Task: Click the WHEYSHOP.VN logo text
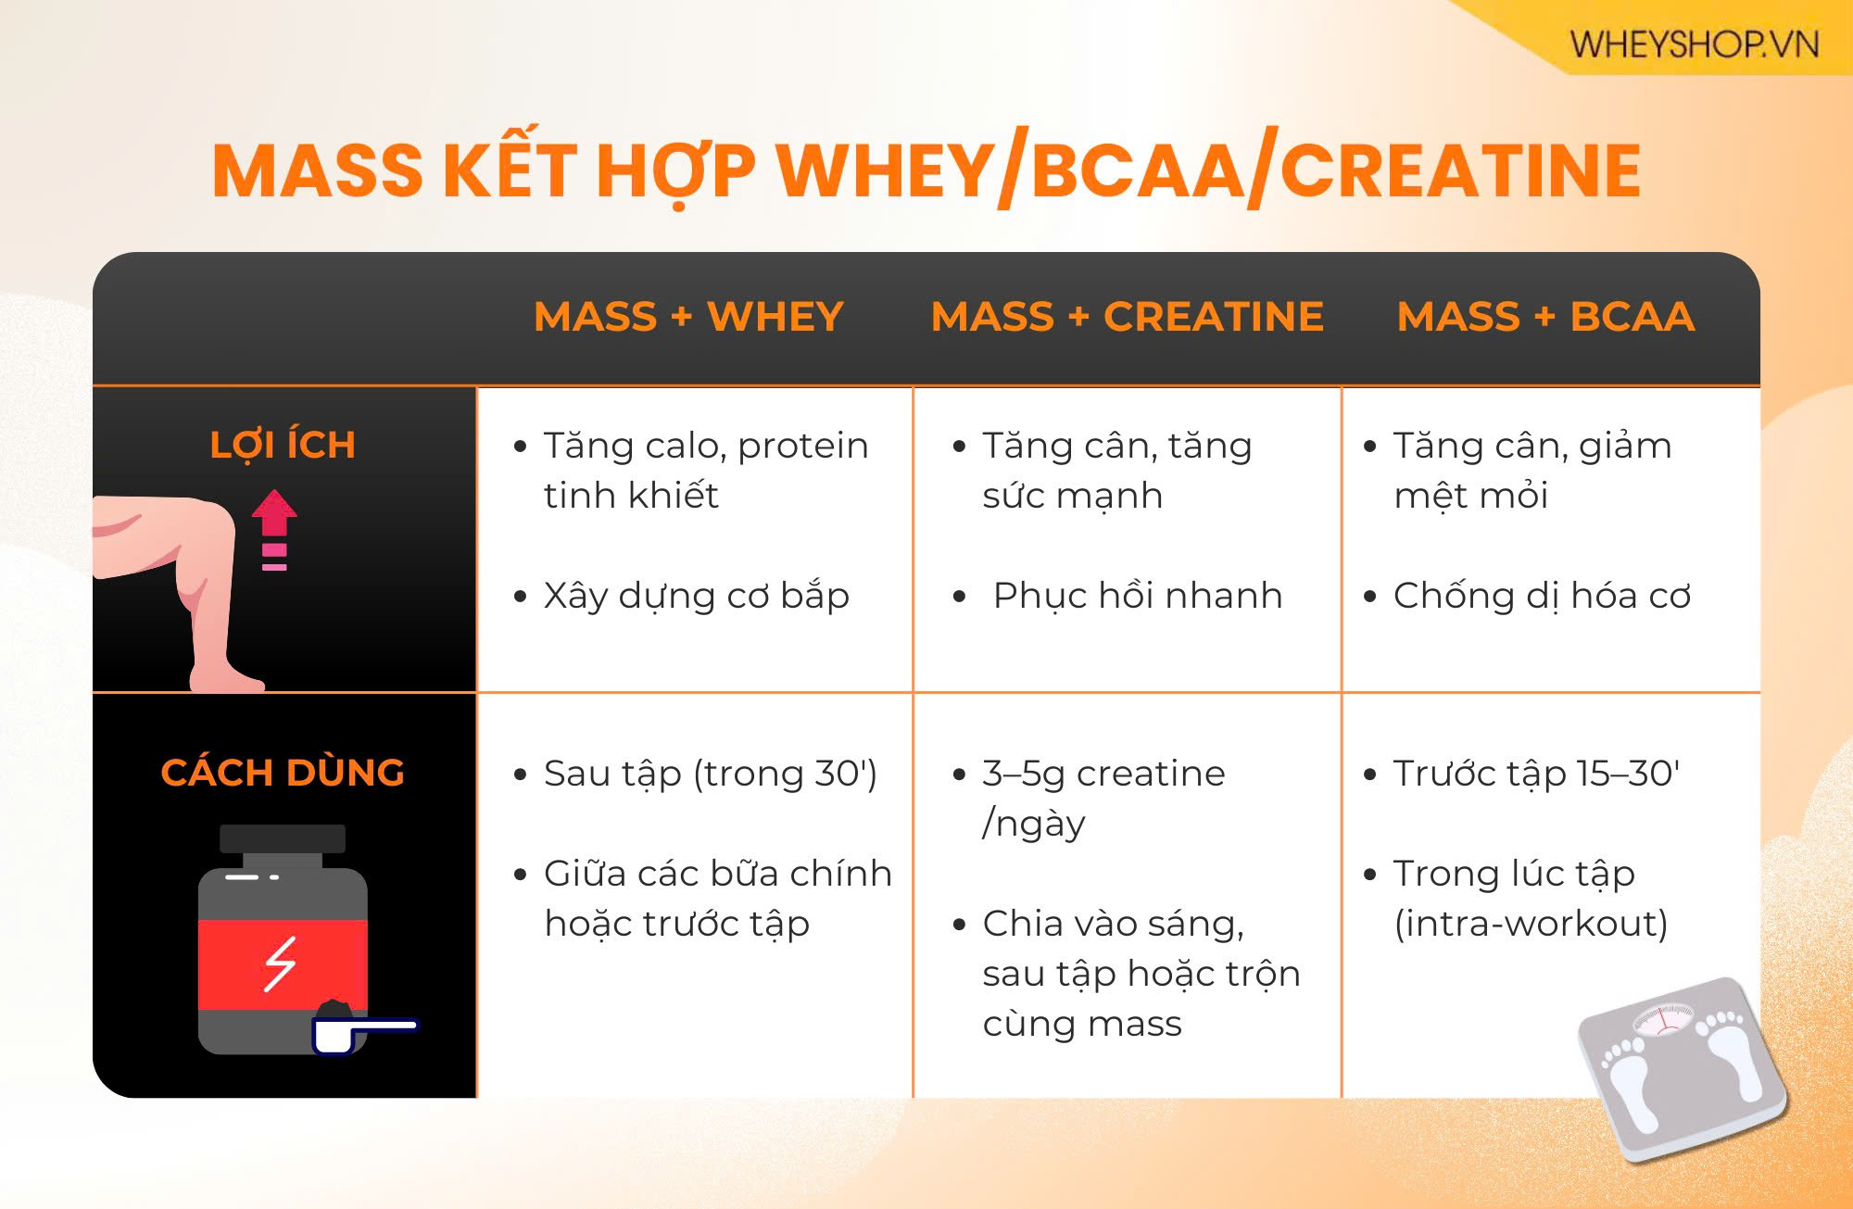click(1694, 44)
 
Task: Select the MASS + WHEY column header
click(688, 317)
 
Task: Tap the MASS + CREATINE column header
click(1127, 317)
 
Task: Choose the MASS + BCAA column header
click(1545, 317)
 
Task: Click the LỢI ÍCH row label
click(283, 445)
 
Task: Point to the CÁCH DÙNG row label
click(283, 772)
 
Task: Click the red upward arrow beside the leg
click(274, 529)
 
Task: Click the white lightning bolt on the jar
click(280, 963)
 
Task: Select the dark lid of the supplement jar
click(283, 839)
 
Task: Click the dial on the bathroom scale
click(1664, 1017)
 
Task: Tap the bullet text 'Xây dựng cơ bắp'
click(696, 596)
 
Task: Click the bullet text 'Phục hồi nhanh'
click(1138, 596)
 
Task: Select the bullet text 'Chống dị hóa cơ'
click(1542, 596)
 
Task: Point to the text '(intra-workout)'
click(1531, 924)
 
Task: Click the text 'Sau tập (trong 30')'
click(710, 774)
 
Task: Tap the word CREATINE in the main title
click(1460, 171)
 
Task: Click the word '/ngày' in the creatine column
click(1033, 824)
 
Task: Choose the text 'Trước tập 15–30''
click(1536, 774)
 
